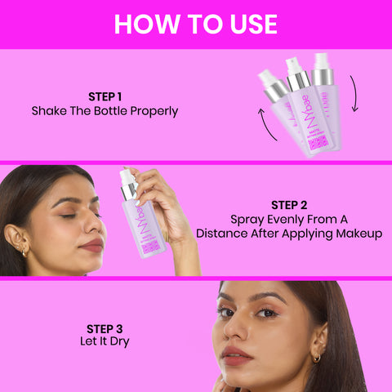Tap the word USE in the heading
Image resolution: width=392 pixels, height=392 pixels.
coord(248,24)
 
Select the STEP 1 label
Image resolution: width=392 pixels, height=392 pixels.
coord(105,95)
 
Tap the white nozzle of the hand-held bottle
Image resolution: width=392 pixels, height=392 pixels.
coord(127,177)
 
